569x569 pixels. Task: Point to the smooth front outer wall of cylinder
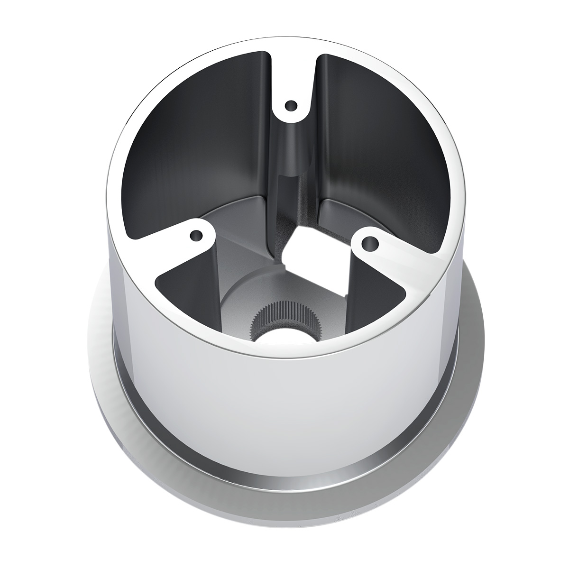point(284,427)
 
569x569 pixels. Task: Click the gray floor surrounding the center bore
point(237,303)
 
